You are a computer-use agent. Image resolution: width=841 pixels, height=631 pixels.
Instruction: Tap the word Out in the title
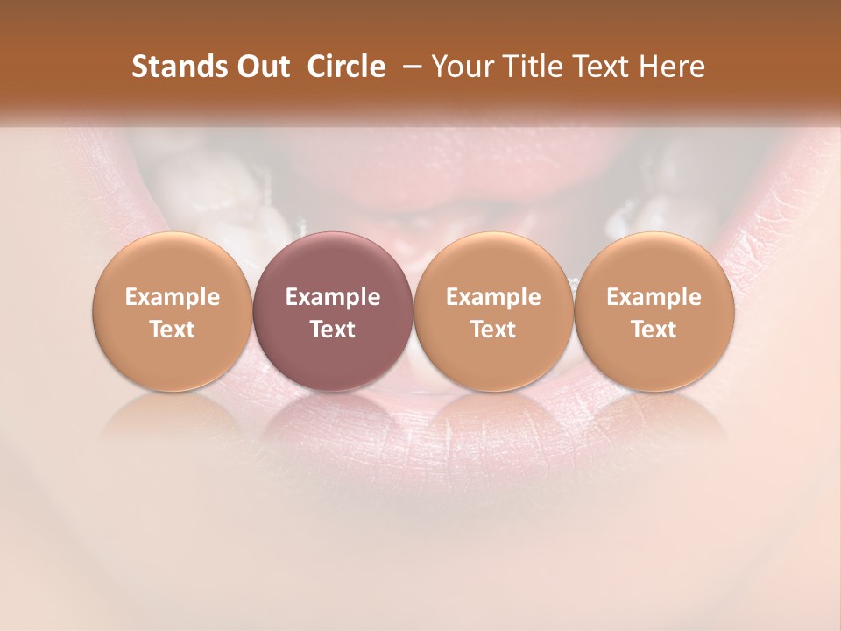point(260,67)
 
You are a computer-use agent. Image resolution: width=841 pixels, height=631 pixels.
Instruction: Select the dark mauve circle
point(333,311)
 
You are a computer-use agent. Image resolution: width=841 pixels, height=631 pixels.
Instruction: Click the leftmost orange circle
point(172,311)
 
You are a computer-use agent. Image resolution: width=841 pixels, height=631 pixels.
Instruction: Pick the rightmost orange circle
point(654,311)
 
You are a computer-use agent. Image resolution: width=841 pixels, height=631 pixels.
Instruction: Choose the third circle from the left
point(493,311)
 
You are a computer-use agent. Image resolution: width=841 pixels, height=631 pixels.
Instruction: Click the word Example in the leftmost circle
point(172,297)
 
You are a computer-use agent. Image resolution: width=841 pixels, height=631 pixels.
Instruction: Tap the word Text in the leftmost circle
point(172,330)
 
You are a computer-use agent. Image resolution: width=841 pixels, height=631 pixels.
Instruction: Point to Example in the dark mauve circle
point(333,297)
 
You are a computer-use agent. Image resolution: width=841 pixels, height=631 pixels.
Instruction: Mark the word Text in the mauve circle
point(333,330)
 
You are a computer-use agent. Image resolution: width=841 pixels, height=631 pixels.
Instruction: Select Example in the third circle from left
point(493,297)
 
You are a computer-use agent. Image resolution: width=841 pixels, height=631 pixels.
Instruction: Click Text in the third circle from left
point(493,330)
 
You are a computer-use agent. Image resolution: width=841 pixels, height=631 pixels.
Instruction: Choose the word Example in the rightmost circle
point(654,297)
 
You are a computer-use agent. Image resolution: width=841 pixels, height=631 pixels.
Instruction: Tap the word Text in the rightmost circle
point(654,330)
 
